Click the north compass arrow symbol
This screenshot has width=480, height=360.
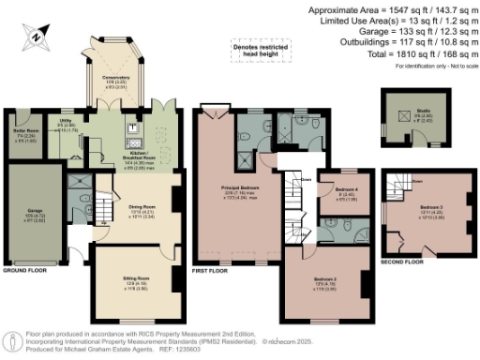(x=36, y=37)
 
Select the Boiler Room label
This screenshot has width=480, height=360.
(x=23, y=132)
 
